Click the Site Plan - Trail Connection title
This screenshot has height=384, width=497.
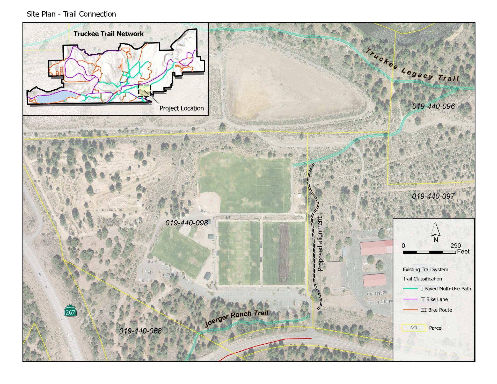pos(71,14)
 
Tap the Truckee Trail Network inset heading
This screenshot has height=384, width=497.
pos(108,34)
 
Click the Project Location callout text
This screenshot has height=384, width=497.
pos(181,108)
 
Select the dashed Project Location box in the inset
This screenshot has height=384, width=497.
pos(144,91)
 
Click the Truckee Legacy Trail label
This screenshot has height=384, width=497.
pos(412,66)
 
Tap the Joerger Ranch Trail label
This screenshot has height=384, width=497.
pos(236,318)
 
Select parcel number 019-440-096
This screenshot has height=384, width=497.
pos(433,106)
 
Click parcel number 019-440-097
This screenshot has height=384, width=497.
pos(433,196)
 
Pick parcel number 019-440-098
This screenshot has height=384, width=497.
pos(187,223)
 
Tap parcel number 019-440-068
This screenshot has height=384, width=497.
pos(140,331)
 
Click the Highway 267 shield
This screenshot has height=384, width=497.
pos(70,311)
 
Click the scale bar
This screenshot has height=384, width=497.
pos(429,252)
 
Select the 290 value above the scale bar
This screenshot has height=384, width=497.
pos(456,246)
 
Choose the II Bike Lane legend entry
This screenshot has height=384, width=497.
pos(434,299)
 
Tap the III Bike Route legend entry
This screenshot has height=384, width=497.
pos(436,310)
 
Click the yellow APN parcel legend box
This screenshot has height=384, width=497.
pos(414,328)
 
